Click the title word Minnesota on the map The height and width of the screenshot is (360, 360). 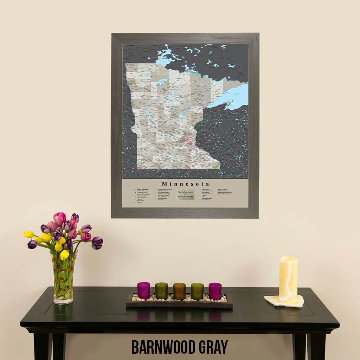tap(185, 184)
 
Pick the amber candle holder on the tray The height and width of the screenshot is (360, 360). tap(179, 291)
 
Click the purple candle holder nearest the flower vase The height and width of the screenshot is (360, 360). tap(143, 290)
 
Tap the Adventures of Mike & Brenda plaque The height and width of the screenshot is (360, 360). tap(185, 194)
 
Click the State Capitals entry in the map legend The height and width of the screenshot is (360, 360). tap(142, 189)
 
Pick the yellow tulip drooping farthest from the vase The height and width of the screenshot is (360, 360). tap(28, 234)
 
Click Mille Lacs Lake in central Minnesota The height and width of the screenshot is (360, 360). tap(181, 116)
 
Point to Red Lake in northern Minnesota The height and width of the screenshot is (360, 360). tap(162, 82)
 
